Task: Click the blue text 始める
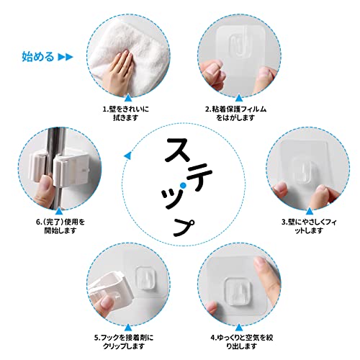click(38, 57)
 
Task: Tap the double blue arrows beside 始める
click(66, 57)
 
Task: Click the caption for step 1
click(126, 114)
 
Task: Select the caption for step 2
click(235, 114)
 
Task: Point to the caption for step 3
click(309, 226)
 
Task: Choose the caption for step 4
click(242, 342)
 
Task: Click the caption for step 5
click(124, 342)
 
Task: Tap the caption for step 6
click(60, 226)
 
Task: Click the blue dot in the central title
click(183, 185)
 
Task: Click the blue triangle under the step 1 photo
click(128, 99)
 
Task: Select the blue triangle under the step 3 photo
click(310, 211)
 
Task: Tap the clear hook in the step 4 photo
click(236, 292)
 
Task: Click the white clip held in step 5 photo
click(109, 290)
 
